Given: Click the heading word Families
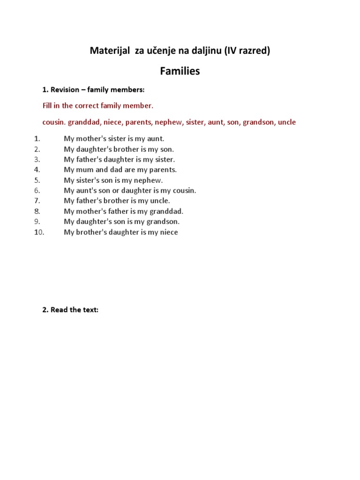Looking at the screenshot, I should tap(180, 71).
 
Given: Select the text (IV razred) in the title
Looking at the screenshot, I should tap(247, 51).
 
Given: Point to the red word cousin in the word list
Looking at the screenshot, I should tap(53, 122).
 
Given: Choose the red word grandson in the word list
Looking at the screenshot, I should tap(258, 122).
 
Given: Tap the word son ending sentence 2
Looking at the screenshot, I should tap(167, 149).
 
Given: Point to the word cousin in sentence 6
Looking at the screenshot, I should tap(184, 190).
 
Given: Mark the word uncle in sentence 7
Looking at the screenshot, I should tap(160, 201).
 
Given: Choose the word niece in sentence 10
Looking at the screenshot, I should tap(169, 232).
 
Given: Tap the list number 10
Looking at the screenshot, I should tap(39, 232).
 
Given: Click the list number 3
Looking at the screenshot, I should tap(37, 159).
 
